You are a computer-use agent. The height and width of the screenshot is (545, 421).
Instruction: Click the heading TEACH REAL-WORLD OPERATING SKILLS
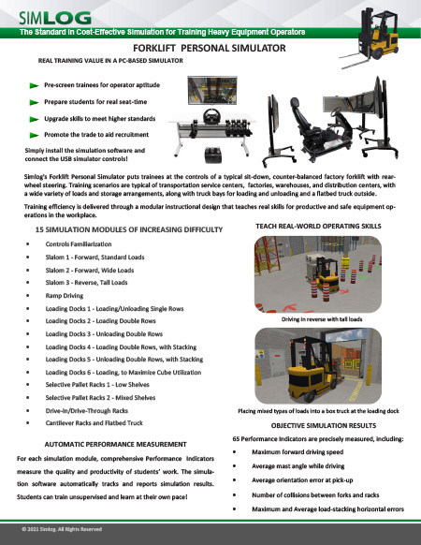pos(321,227)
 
